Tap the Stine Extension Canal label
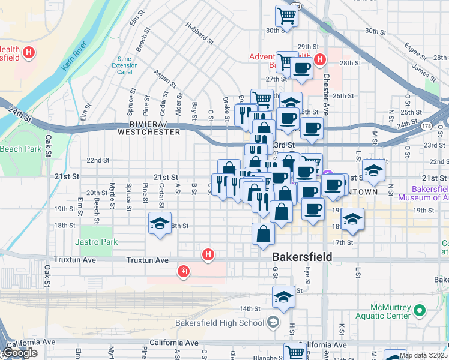pyautogui.click(x=124, y=65)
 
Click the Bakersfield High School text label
pyautogui.click(x=219, y=323)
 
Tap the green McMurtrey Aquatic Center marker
pyautogui.click(x=420, y=310)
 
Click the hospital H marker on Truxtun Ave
pyautogui.click(x=208, y=255)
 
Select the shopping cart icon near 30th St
pyautogui.click(x=287, y=16)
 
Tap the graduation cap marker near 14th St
pyautogui.click(x=283, y=296)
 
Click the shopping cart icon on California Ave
pyautogui.click(x=295, y=352)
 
